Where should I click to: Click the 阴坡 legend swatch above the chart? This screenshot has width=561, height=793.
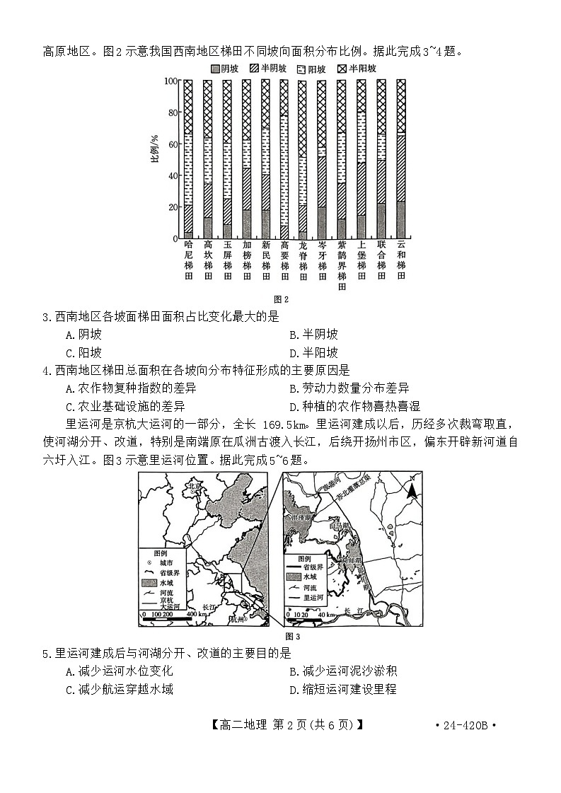[x=215, y=69]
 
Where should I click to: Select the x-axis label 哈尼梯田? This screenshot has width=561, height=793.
[x=188, y=264]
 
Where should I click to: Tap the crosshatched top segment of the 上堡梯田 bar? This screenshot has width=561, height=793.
[x=362, y=95]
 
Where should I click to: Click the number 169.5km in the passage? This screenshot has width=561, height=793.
[x=286, y=424]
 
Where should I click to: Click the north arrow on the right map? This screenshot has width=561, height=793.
[x=411, y=488]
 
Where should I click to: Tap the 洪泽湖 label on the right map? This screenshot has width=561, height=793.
[x=299, y=518]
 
